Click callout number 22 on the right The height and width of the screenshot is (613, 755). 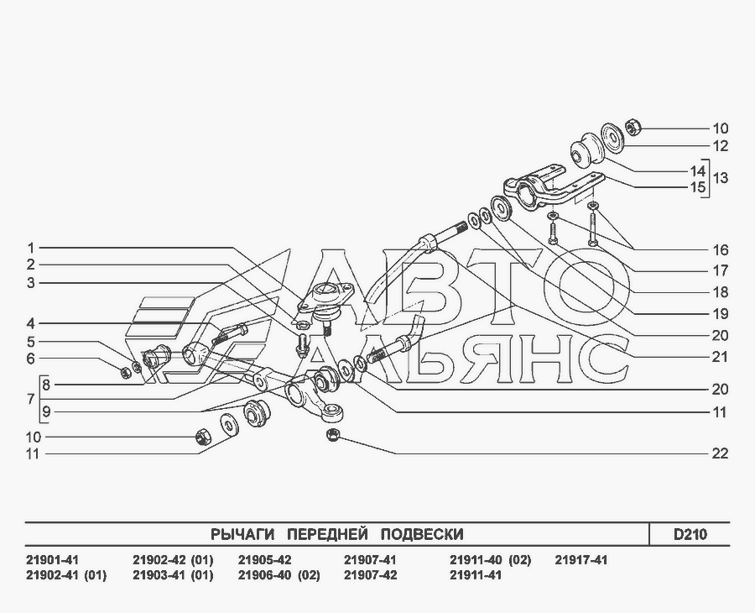[720, 453]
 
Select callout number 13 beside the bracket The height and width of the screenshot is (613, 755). [721, 178]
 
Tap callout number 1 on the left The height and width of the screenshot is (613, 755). [31, 249]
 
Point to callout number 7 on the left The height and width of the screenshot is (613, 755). [31, 399]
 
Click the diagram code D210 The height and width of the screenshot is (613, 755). [690, 534]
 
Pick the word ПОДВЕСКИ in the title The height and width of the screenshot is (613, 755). [422, 534]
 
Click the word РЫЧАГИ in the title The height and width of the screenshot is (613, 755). [242, 534]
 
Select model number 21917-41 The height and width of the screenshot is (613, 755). [581, 560]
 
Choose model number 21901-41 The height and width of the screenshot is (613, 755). [51, 560]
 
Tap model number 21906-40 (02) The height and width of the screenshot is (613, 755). [279, 575]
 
